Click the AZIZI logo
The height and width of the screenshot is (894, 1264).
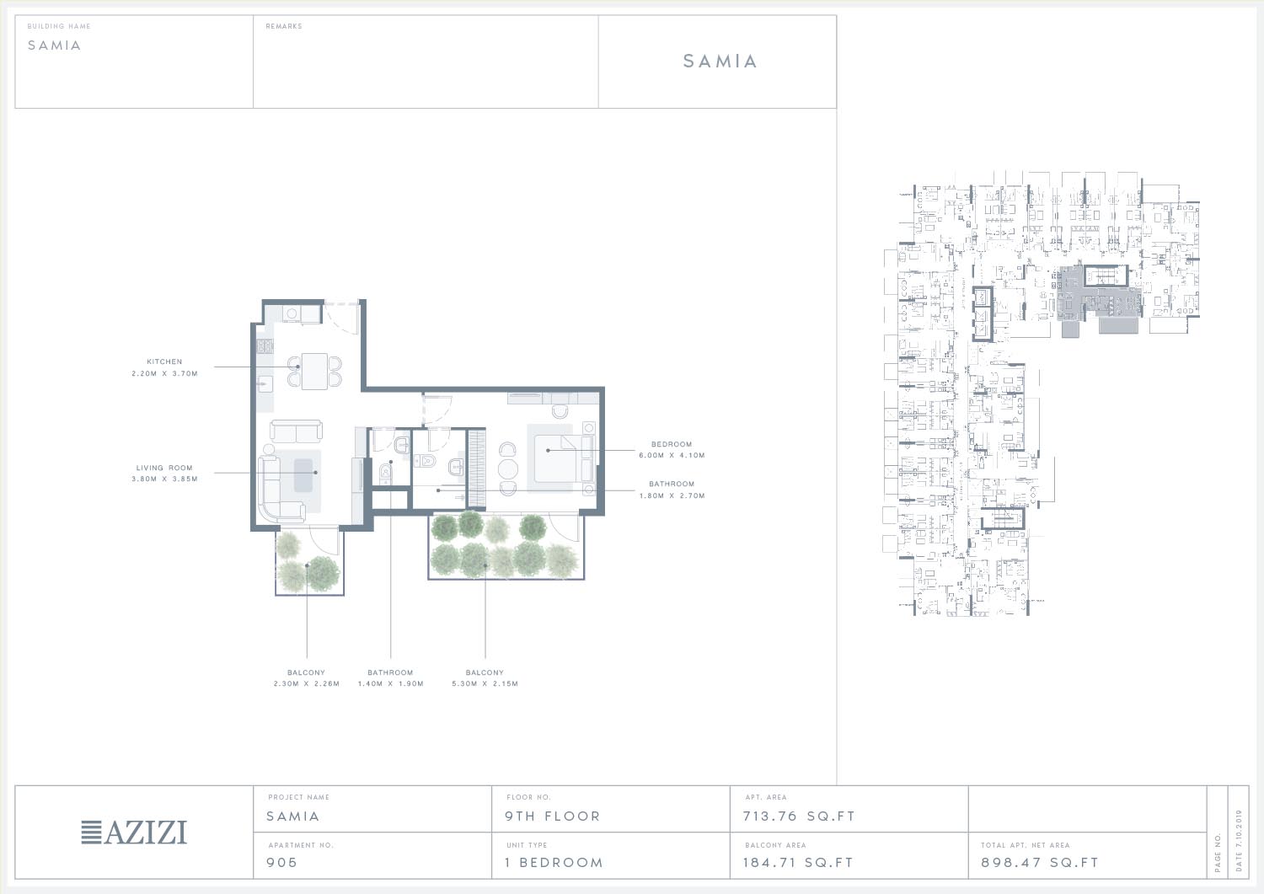tap(134, 832)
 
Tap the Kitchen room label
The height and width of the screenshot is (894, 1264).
tap(165, 361)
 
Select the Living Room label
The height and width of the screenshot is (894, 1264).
tap(164, 468)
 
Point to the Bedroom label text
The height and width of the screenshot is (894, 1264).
tap(672, 444)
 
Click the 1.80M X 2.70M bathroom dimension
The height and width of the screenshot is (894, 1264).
tap(672, 495)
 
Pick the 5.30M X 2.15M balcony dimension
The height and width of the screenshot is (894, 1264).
tap(485, 683)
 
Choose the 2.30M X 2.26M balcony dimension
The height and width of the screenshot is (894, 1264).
tap(307, 683)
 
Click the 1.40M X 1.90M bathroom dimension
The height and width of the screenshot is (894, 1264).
tap(390, 683)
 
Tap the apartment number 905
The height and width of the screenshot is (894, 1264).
tap(281, 862)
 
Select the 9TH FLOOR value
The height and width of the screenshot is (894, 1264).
tap(553, 816)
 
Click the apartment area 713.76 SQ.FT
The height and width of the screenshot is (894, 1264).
tap(799, 816)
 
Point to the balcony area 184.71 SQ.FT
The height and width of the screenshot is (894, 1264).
tap(798, 862)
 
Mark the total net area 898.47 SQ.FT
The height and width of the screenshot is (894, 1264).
tap(1040, 862)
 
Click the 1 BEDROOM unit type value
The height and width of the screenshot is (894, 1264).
tap(554, 862)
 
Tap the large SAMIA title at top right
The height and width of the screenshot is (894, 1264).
tap(720, 61)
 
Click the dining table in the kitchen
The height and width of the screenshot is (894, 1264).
tap(314, 371)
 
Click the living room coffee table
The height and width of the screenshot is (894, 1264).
tap(303, 475)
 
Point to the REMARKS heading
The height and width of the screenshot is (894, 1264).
tap(284, 26)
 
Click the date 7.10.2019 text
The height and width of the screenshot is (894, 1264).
tap(1240, 840)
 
